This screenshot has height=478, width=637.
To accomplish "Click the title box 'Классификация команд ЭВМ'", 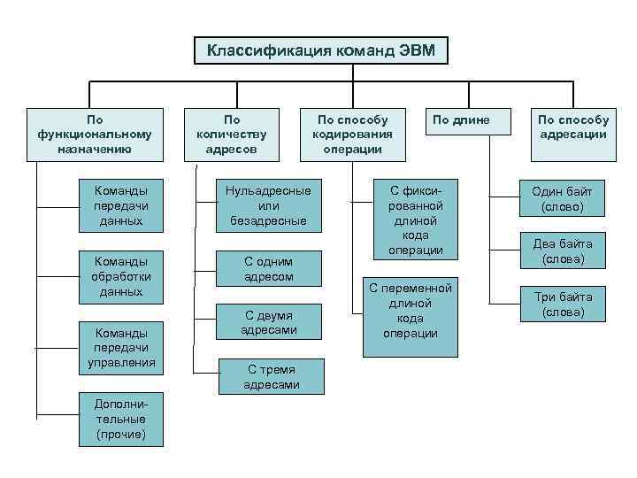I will [x=321, y=50].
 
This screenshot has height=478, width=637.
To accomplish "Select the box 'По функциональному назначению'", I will [x=96, y=134].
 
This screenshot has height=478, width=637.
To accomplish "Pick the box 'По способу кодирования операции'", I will [x=352, y=134].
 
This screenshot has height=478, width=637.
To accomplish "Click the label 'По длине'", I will [x=460, y=119].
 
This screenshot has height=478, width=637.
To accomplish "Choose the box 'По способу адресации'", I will [x=573, y=134].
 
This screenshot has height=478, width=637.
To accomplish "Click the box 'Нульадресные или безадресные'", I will [x=268, y=205].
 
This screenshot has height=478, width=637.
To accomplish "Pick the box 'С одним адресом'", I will [x=268, y=268].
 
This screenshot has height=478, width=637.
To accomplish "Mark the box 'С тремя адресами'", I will [x=272, y=377].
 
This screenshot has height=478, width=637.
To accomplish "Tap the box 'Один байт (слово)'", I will [x=563, y=199].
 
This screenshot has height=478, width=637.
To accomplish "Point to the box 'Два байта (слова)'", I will [x=563, y=251].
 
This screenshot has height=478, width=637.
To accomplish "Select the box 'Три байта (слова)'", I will [x=563, y=304].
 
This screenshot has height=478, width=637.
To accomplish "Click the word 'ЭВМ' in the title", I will [x=416, y=50].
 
